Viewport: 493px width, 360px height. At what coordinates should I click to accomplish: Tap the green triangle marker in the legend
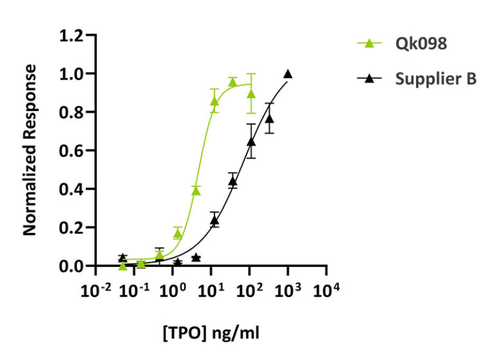pyautogui.click(x=369, y=44)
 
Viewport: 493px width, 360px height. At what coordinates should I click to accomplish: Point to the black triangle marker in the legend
pyautogui.click(x=369, y=79)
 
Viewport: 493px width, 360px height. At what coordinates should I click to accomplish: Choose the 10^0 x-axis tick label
pyautogui.click(x=171, y=290)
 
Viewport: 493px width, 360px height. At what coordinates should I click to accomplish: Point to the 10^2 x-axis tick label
pyautogui.click(x=248, y=290)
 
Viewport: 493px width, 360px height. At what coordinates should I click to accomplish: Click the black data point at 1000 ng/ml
pyautogui.click(x=288, y=74)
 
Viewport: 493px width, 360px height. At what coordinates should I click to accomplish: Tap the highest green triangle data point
pyautogui.click(x=232, y=82)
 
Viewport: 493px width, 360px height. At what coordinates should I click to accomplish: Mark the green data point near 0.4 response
pyautogui.click(x=196, y=190)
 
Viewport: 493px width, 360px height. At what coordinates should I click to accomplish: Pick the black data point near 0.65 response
pyautogui.click(x=251, y=141)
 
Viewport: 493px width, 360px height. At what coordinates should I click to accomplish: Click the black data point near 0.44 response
pyautogui.click(x=233, y=181)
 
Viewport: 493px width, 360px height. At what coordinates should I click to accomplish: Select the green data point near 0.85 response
pyautogui.click(x=214, y=101)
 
